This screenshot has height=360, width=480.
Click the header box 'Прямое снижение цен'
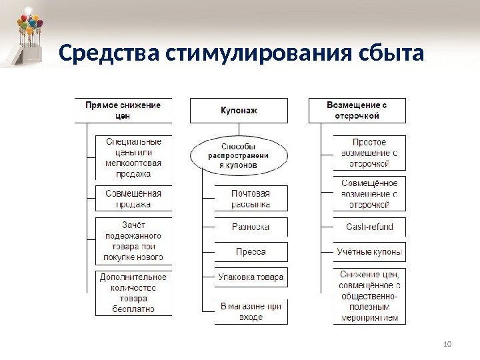(x=127, y=110)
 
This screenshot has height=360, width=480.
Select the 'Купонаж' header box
(x=239, y=111)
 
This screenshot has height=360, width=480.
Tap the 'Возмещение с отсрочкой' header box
(x=357, y=110)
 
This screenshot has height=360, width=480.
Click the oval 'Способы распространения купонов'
(x=239, y=155)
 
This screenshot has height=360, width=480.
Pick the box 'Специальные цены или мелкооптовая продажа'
(x=133, y=157)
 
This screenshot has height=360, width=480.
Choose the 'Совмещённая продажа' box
(x=133, y=199)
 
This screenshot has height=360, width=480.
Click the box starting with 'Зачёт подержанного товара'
(x=133, y=241)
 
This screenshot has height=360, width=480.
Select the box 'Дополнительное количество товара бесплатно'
(x=133, y=292)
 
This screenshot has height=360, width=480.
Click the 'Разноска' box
(x=251, y=227)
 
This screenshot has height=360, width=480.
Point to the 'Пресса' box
(x=251, y=252)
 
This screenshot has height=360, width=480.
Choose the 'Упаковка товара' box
(x=251, y=277)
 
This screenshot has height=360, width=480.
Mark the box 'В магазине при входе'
(x=251, y=311)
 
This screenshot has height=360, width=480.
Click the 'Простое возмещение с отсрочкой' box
(x=369, y=152)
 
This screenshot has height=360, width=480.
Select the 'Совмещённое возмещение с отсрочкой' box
(x=369, y=193)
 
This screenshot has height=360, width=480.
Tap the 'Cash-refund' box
(x=369, y=227)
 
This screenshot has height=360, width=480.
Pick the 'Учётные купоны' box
(x=369, y=252)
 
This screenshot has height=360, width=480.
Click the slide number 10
(x=447, y=343)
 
